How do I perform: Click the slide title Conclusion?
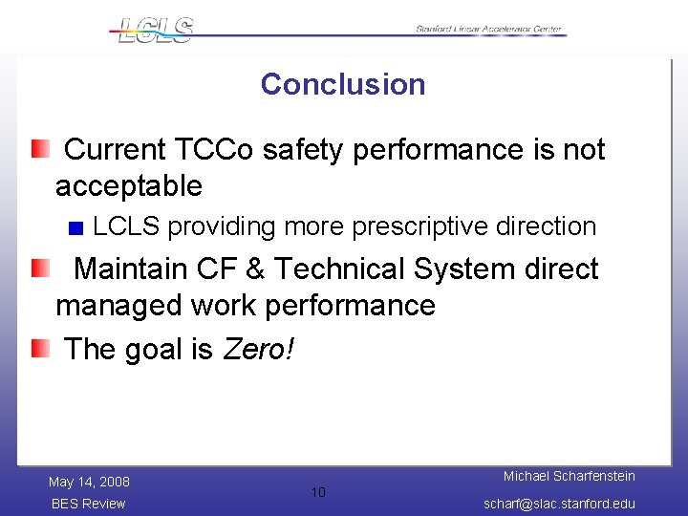[342, 84]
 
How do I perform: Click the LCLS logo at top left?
[153, 30]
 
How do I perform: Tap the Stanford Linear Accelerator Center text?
[489, 30]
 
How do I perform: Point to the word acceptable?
[129, 185]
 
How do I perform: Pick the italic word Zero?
[259, 350]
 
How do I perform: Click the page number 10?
[318, 492]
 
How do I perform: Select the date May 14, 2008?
[89, 482]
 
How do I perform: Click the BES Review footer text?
[88, 504]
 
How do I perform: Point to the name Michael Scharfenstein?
[570, 476]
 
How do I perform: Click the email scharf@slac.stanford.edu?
[559, 504]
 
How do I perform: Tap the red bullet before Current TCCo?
[38, 148]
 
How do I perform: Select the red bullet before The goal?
[38, 349]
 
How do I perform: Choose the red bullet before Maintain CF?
[38, 269]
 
